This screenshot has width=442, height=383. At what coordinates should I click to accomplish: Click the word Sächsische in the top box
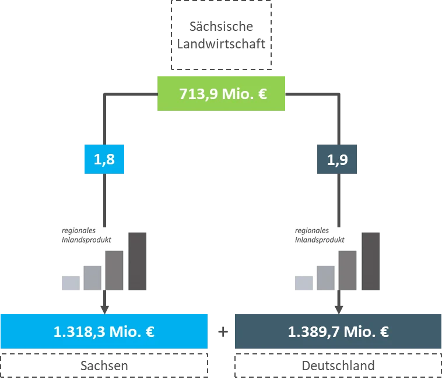[x=221, y=26]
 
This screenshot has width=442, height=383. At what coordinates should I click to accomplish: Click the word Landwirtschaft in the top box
[x=221, y=44]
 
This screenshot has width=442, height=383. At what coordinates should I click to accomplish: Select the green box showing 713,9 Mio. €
[x=221, y=94]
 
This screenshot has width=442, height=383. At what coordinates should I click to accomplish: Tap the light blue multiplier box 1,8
[x=104, y=159]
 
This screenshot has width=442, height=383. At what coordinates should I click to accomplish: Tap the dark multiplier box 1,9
[x=337, y=159]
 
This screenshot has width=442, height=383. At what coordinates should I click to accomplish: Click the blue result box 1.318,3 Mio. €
[x=104, y=332]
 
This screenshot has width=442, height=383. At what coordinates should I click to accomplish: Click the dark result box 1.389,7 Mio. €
[x=338, y=332]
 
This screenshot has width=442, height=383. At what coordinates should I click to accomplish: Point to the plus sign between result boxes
[x=223, y=332]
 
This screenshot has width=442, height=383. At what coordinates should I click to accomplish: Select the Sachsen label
[x=104, y=366]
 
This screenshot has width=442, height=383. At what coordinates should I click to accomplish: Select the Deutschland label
[x=338, y=366]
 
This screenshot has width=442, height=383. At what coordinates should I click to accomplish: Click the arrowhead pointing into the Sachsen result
[x=104, y=310]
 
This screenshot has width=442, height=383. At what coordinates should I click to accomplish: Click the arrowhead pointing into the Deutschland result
[x=339, y=310]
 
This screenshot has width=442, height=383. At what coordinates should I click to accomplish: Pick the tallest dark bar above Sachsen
[x=137, y=261]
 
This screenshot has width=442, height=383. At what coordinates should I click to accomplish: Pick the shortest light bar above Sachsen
[x=71, y=283]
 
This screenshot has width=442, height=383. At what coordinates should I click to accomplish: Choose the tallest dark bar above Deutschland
[x=370, y=261]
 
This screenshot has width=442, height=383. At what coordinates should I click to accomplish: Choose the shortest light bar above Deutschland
[x=304, y=283]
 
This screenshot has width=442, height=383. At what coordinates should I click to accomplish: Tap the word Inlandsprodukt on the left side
[x=86, y=240]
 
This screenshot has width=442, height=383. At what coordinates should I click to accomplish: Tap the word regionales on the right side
[x=312, y=230]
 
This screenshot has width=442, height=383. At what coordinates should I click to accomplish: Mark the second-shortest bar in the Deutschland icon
[x=325, y=278]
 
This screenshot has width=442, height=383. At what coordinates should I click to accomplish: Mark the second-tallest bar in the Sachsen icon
[x=114, y=270]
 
